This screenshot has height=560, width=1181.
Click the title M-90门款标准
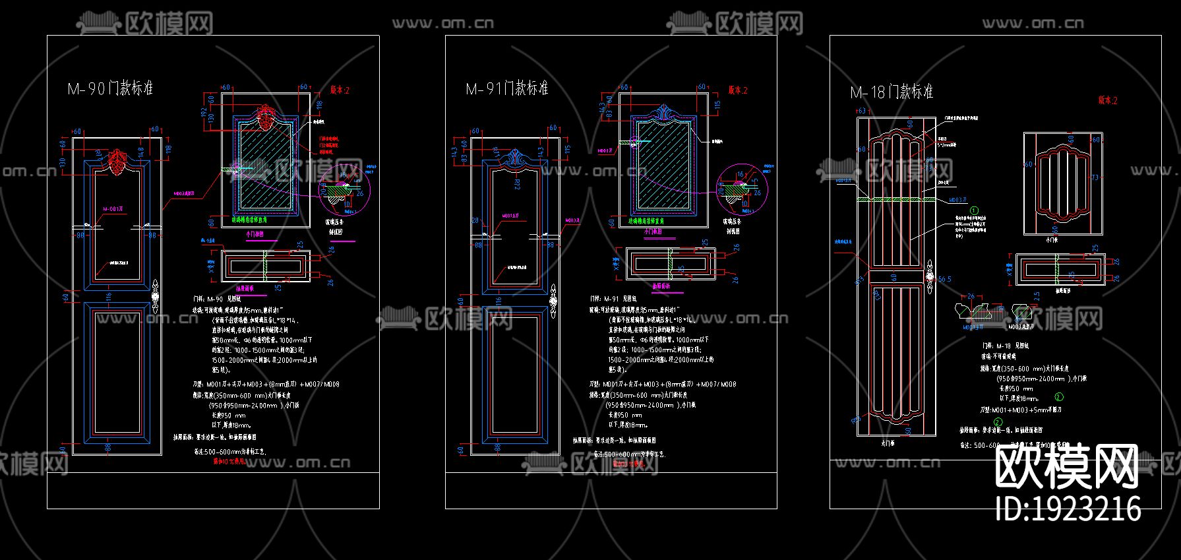110,88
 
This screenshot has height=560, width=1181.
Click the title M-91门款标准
506,88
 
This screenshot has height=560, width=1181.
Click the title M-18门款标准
892,92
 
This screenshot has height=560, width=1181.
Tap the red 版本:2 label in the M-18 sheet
1107,100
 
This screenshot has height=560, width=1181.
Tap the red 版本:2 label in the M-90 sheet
340,90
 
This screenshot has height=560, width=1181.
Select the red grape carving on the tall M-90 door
117,158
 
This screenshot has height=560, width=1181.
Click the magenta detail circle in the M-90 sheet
344,190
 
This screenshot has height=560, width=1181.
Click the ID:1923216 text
1068,509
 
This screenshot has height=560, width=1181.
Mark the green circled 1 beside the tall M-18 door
974,210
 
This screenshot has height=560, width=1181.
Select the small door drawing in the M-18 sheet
1063,183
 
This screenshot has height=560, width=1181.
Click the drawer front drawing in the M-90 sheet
266,266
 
